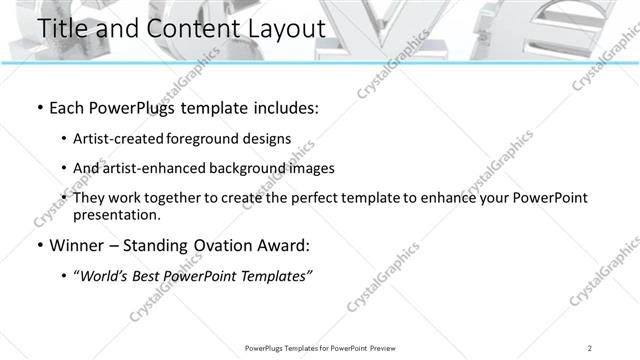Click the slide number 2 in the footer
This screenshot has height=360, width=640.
pos(591,348)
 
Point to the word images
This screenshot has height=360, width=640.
pos(311,169)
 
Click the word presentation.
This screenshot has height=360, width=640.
pos(116,215)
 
